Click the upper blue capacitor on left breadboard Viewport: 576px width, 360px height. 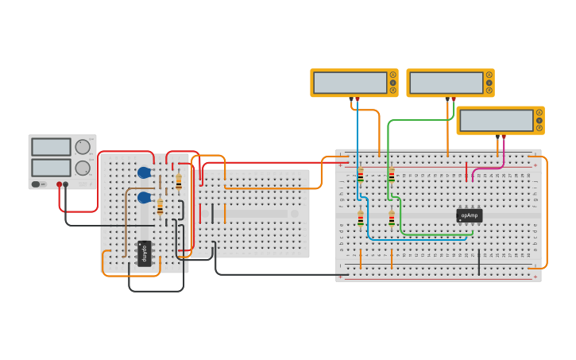pyautogui.click(x=144, y=172)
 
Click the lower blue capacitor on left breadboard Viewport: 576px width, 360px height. pyautogui.click(x=144, y=197)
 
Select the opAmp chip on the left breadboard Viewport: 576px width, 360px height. pyautogui.click(x=145, y=254)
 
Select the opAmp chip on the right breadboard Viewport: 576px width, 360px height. pyautogui.click(x=469, y=215)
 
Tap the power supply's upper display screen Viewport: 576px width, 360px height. pyautogui.click(x=51, y=147)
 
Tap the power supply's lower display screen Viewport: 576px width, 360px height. pyautogui.click(x=51, y=168)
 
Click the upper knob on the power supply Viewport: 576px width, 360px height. pyautogui.click(x=83, y=147)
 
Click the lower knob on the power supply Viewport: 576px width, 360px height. pyautogui.click(x=83, y=168)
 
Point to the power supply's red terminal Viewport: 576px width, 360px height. pyautogui.click(x=59, y=184)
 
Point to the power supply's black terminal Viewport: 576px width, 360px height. pyautogui.click(x=65, y=184)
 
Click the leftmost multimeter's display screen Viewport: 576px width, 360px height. pyautogui.click(x=350, y=83)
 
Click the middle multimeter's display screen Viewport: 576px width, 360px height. pyautogui.click(x=446, y=83)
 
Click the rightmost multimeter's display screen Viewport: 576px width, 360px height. pyautogui.click(x=497, y=121)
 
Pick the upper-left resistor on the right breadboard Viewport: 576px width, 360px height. pyautogui.click(x=361, y=176)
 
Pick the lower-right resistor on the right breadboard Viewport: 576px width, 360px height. pyautogui.click(x=392, y=218)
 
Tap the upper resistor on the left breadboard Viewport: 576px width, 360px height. pyautogui.click(x=179, y=182)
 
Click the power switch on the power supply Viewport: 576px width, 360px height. pyautogui.click(x=36, y=184)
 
